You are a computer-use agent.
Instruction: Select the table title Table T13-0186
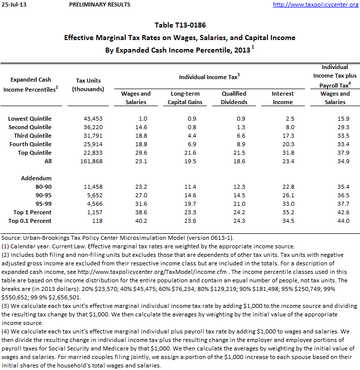[x=180, y=25]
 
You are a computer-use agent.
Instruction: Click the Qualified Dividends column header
[x=234, y=98]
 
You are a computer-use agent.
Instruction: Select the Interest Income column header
[x=282, y=98]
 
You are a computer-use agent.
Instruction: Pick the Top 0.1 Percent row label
[x=30, y=221]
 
